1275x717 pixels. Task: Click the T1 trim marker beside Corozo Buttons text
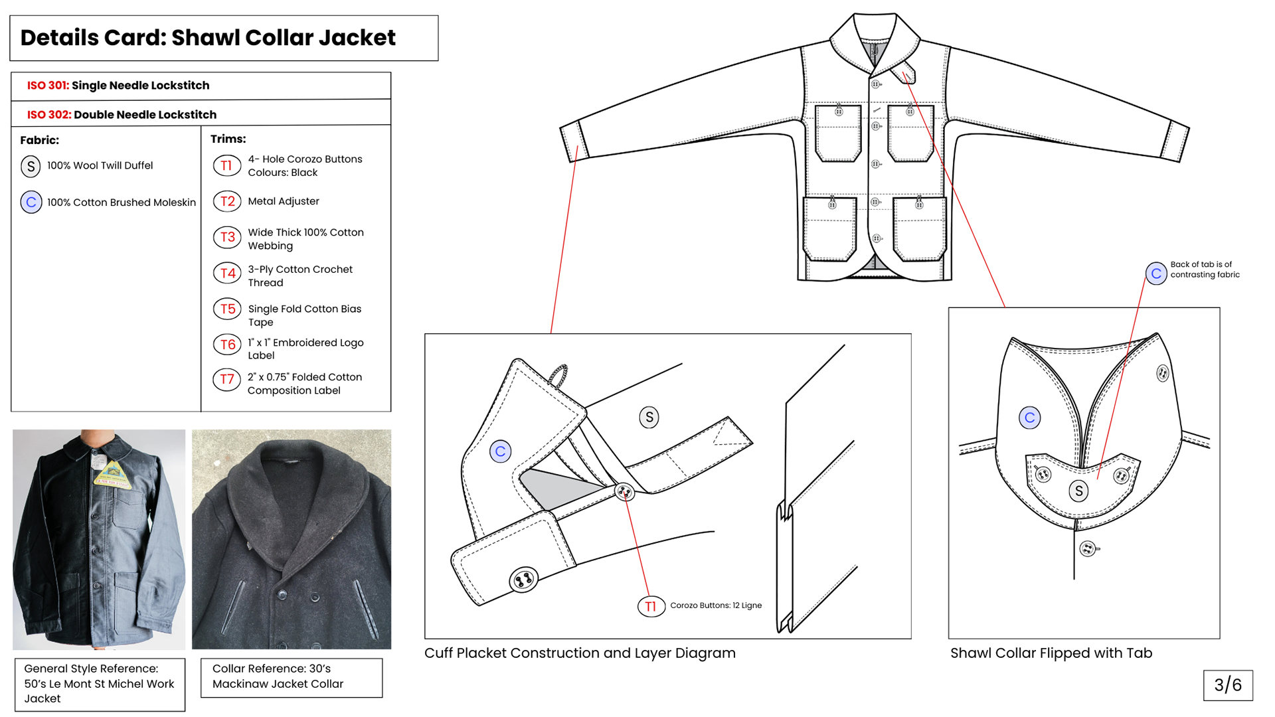226,165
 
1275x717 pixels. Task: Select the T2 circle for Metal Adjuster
227,201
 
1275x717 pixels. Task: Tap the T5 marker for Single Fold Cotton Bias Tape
227,309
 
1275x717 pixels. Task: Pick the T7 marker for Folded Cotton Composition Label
226,379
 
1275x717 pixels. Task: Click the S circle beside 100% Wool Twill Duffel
31,167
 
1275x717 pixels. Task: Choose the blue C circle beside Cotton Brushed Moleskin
31,202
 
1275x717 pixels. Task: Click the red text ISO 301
48,86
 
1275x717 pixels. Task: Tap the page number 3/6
1228,685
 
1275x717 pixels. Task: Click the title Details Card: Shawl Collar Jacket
208,38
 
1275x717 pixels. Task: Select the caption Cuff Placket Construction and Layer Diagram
580,653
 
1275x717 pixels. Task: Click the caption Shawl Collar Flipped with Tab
1051,653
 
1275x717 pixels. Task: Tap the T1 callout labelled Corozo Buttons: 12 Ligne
651,606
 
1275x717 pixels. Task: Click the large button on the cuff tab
523,580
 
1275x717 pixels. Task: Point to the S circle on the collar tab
1078,491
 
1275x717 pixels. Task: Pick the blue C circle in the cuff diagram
501,451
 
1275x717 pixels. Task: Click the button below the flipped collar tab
1088,549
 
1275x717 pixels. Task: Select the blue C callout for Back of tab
1156,274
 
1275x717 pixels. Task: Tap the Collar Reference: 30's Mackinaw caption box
292,678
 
